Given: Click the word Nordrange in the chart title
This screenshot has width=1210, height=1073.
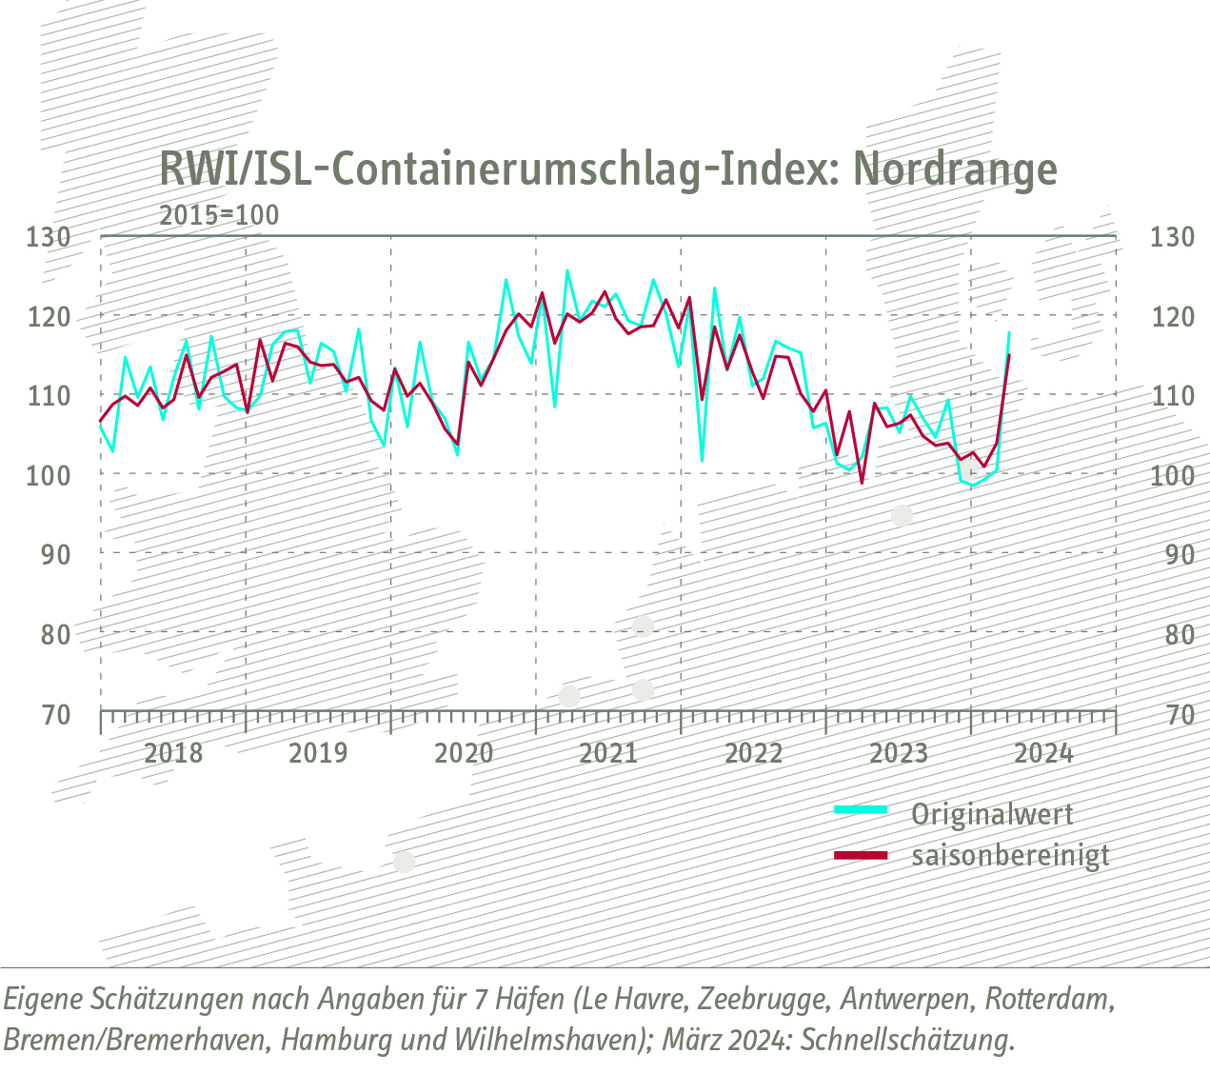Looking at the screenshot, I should (x=955, y=169).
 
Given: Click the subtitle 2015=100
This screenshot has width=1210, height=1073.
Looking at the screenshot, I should (x=219, y=215).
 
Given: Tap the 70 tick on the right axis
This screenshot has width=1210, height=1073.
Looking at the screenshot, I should (x=1172, y=714).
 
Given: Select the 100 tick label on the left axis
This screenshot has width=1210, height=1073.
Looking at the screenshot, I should (x=49, y=474).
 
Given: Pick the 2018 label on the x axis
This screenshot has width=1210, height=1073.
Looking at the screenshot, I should (x=173, y=754).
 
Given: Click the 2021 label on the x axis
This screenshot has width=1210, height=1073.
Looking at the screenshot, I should (x=608, y=754).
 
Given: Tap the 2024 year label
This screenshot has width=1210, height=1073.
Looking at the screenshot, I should (x=1043, y=754).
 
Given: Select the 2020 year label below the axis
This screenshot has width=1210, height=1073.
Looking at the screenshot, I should (x=464, y=754).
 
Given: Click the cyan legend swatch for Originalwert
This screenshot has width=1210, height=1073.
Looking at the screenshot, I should (x=860, y=810).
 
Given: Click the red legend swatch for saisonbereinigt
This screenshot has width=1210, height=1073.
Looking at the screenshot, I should (x=860, y=856).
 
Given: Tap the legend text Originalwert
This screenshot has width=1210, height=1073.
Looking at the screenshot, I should (x=992, y=815).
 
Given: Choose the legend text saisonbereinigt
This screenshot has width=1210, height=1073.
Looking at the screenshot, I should (x=1010, y=856).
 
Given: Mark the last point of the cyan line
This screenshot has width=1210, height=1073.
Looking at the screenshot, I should (x=1009, y=332).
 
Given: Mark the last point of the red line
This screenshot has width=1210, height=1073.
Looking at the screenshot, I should (x=1009, y=355).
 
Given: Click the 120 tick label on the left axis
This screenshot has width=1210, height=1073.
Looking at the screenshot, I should (x=49, y=316).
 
